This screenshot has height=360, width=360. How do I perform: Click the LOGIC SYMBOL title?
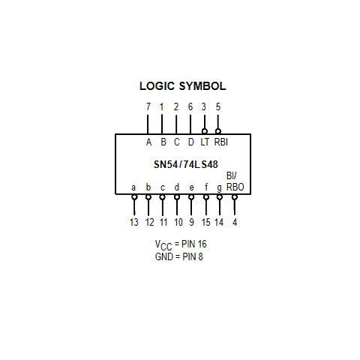point(182,86)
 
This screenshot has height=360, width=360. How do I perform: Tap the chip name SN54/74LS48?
point(185,164)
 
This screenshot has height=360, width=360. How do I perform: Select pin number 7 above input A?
point(148,106)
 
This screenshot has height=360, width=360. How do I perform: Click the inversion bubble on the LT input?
point(205,131)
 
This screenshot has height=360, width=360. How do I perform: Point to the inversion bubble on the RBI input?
point(218,131)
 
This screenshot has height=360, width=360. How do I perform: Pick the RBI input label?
point(221,142)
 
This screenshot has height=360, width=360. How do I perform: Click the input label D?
point(190,142)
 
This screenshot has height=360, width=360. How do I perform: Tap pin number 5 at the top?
point(218,106)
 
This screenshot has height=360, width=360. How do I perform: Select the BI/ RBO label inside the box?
point(235,181)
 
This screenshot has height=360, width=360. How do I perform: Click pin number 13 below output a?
point(134,222)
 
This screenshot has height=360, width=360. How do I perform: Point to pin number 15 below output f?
point(206,222)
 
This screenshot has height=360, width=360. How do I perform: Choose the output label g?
point(219,187)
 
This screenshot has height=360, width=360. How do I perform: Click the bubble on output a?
point(134,197)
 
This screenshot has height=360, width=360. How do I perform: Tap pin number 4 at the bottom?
point(235,222)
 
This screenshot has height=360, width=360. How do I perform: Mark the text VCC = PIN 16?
point(181,244)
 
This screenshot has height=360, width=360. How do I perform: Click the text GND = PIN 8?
point(179,256)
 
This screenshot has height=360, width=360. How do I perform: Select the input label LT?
point(205,142)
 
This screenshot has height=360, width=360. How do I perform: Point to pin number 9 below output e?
point(191,222)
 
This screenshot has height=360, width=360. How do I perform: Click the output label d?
point(177,187)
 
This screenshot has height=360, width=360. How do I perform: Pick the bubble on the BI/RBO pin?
point(235,197)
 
